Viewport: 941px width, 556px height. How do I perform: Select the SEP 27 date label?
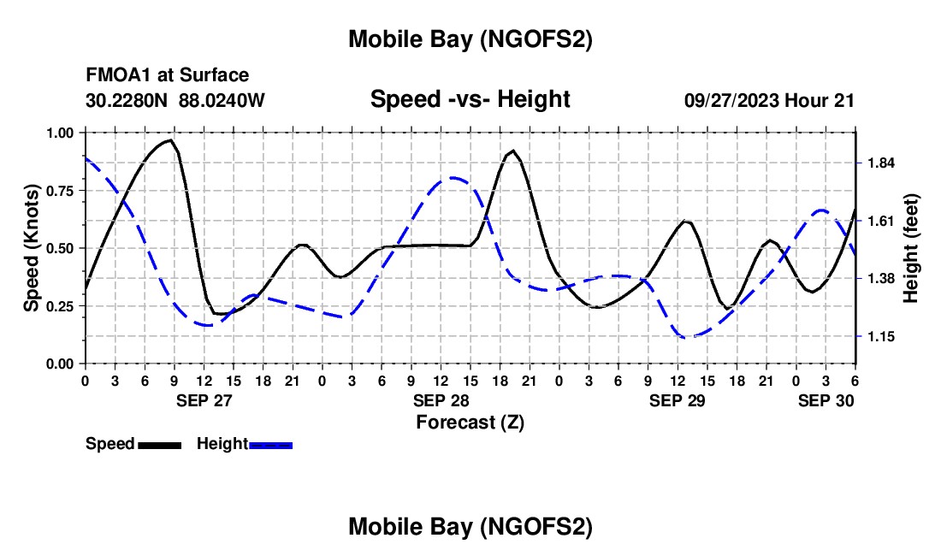tap(204, 400)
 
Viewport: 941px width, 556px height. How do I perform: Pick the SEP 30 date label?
tap(826, 400)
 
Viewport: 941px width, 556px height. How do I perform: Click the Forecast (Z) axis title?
tap(470, 422)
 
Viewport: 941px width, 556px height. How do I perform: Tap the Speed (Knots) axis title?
tap(32, 248)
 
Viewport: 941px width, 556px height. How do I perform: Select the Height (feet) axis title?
tap(910, 248)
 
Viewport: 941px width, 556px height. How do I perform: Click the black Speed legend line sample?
tap(159, 444)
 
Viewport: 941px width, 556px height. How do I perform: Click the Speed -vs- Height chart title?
tap(470, 99)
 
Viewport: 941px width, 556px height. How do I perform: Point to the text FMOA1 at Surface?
tap(168, 75)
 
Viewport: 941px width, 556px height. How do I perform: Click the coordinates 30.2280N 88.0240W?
tap(175, 100)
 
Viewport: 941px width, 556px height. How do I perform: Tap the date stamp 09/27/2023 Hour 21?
tap(769, 100)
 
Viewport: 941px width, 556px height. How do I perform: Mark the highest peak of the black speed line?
tap(171, 139)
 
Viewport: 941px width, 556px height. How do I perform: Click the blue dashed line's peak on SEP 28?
tap(453, 178)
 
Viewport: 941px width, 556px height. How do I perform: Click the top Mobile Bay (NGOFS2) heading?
tap(470, 39)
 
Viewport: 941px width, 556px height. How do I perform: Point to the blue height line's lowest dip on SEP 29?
tap(689, 337)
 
